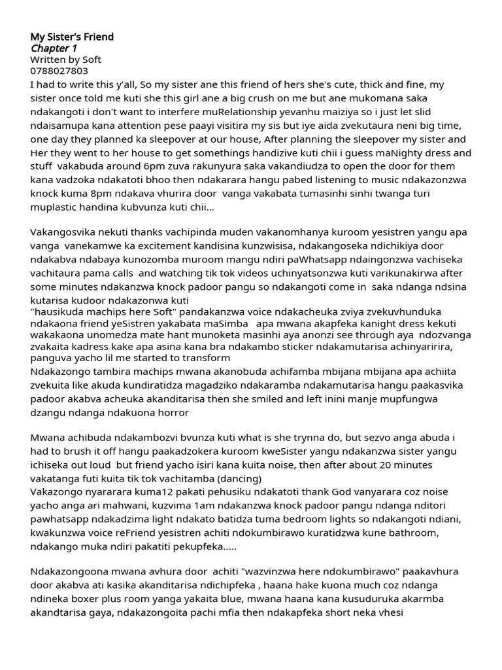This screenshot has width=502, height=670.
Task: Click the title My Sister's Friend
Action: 72,37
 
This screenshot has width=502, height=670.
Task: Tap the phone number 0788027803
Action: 59,71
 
